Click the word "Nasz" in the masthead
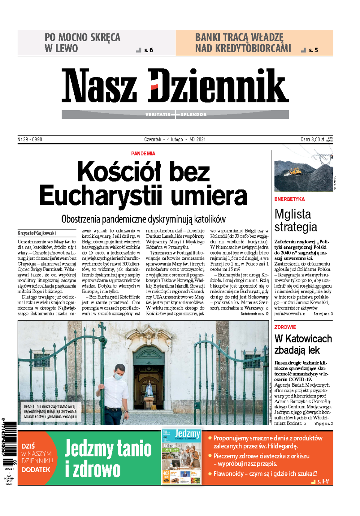[99, 85]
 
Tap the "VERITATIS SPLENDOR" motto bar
[175, 114]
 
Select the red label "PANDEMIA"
[143, 153]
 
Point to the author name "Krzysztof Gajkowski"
[37, 233]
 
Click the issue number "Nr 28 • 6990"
[30, 139]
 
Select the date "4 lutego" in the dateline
[175, 139]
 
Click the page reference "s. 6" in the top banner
[148, 50]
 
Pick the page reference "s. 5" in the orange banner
[313, 50]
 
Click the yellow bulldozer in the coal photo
[295, 171]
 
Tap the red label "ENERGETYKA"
[289, 199]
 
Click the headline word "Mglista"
[293, 214]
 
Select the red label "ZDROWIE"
[285, 327]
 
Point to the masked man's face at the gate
[118, 373]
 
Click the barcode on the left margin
[10, 439]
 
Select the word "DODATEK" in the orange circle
[36, 469]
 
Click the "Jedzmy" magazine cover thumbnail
[181, 457]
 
